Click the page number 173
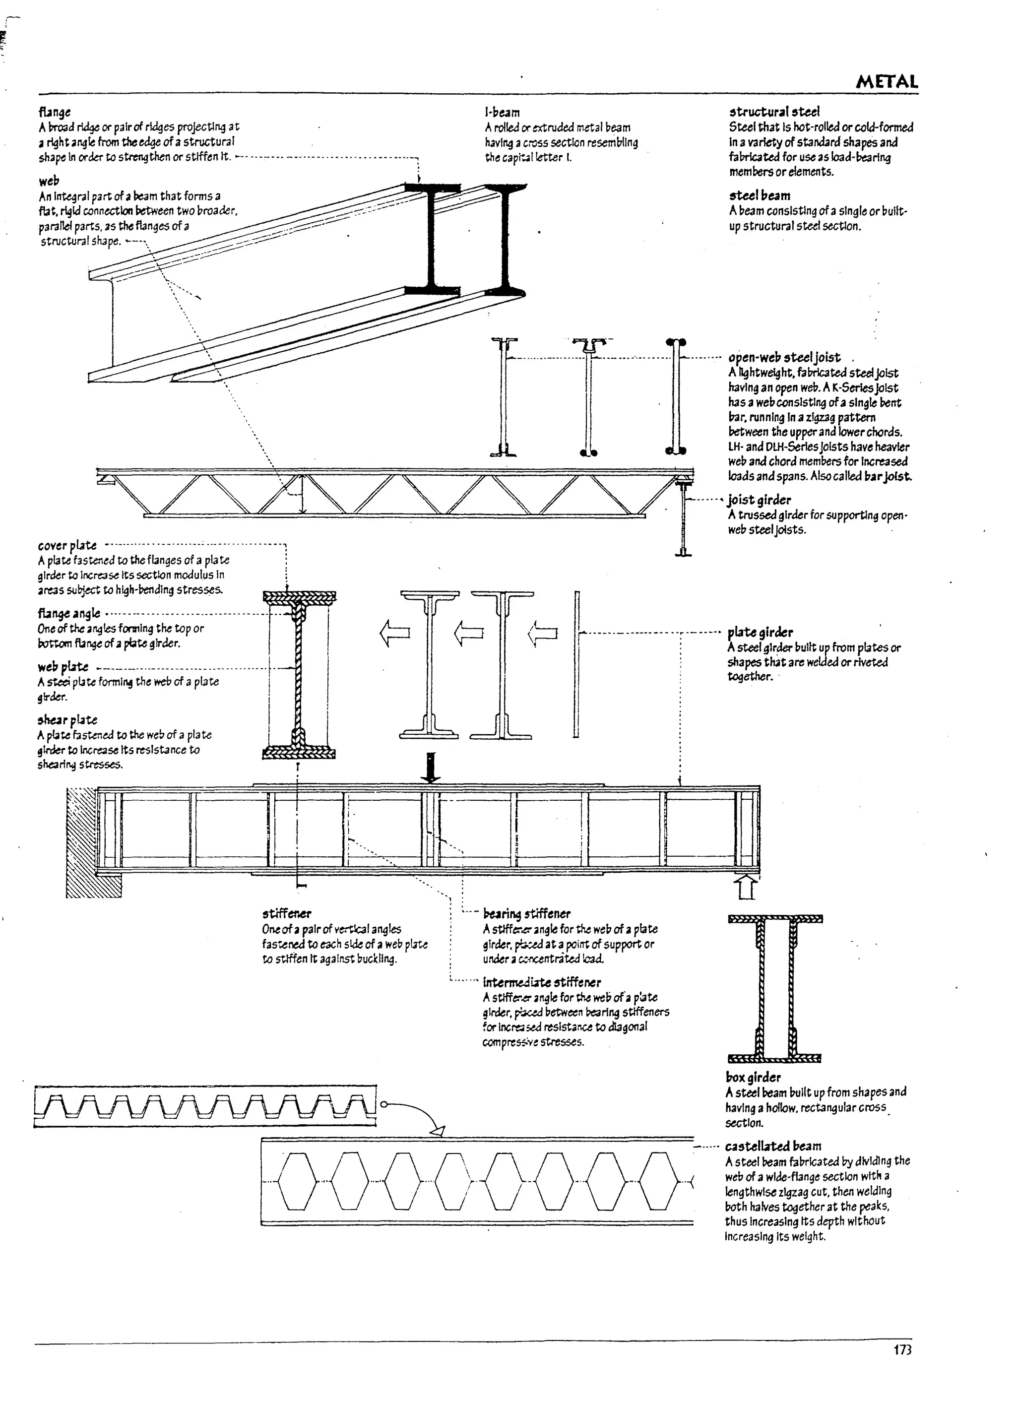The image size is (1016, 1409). click(x=902, y=1367)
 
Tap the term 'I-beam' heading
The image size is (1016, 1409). click(x=502, y=113)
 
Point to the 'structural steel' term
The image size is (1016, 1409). click(x=774, y=112)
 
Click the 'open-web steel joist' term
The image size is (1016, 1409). click(x=784, y=357)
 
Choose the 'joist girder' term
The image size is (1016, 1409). click(x=759, y=500)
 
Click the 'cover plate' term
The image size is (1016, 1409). click(x=67, y=545)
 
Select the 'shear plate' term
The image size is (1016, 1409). click(x=67, y=719)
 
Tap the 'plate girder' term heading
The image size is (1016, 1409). click(x=760, y=633)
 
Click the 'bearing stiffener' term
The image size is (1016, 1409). click(x=526, y=913)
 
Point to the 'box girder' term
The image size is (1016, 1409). click(x=753, y=1077)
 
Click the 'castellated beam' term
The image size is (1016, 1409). click(x=772, y=1146)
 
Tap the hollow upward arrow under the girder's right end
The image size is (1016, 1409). click(x=746, y=887)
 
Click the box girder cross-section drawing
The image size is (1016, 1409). click(x=774, y=988)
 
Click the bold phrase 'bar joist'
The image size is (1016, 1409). click(x=888, y=476)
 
